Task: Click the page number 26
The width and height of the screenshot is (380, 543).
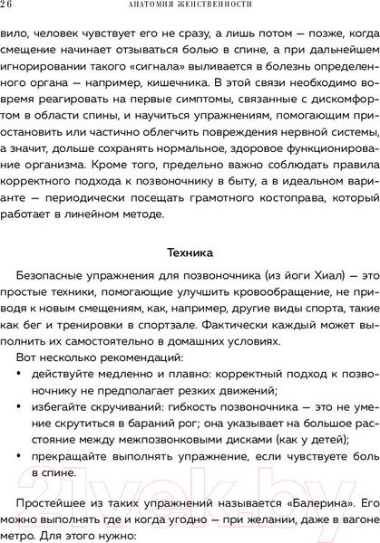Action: [x=8, y=8]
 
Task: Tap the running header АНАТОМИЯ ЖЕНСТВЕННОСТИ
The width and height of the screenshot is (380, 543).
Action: [x=190, y=8]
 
